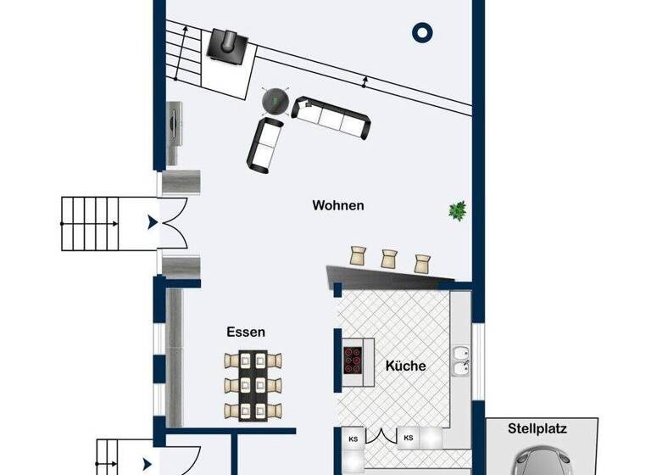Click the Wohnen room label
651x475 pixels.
click(x=338, y=205)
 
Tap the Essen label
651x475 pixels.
click(x=246, y=332)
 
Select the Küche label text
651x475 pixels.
click(x=405, y=366)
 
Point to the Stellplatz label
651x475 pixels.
click(x=537, y=429)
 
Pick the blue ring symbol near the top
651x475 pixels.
click(x=422, y=33)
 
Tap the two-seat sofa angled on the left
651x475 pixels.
click(x=265, y=142)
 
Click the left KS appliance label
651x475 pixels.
click(x=353, y=439)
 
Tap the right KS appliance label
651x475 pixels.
click(x=409, y=439)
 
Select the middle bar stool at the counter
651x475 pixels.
click(x=390, y=258)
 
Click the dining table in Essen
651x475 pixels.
click(x=252, y=385)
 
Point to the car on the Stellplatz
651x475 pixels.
click(x=544, y=460)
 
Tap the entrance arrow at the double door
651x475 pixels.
click(x=152, y=222)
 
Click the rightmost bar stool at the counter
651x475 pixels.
click(x=422, y=261)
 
